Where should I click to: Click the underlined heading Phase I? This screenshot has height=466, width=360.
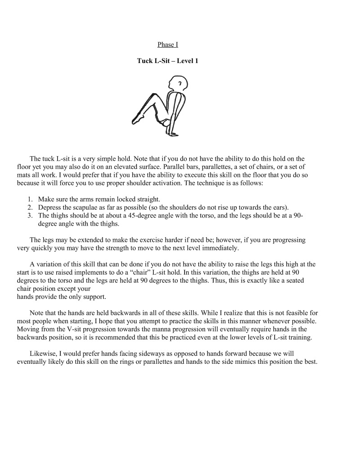167,44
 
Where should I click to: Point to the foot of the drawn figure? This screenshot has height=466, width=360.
137,119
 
